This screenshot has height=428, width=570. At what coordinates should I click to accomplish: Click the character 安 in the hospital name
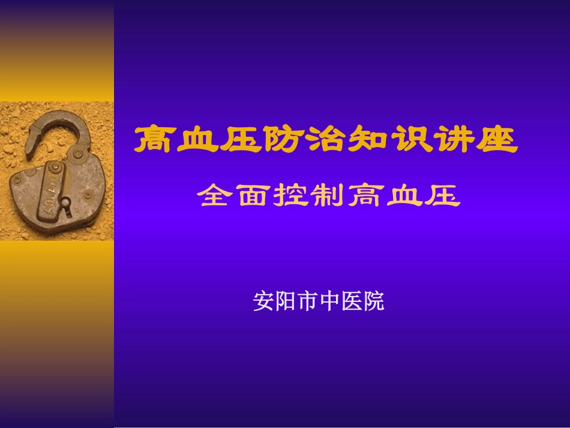tap(264, 301)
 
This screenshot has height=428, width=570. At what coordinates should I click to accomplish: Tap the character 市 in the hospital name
tap(307, 301)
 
